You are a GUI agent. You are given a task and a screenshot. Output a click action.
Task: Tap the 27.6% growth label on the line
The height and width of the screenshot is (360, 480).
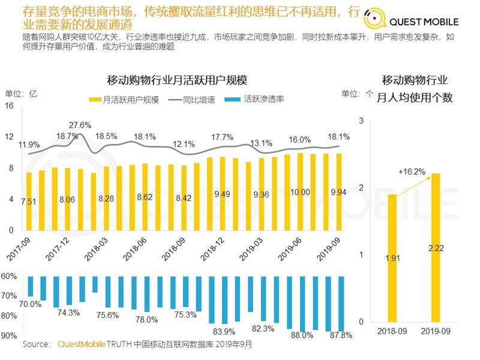click(x=80, y=125)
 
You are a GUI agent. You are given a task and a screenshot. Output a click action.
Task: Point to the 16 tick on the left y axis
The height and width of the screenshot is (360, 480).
click(x=9, y=106)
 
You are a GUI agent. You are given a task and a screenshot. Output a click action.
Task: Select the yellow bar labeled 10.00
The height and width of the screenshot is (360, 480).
click(x=300, y=191)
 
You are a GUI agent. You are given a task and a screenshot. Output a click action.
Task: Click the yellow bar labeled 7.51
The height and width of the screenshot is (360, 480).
click(x=29, y=201)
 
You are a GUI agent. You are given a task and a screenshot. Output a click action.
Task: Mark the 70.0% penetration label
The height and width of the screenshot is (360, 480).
click(x=30, y=304)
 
